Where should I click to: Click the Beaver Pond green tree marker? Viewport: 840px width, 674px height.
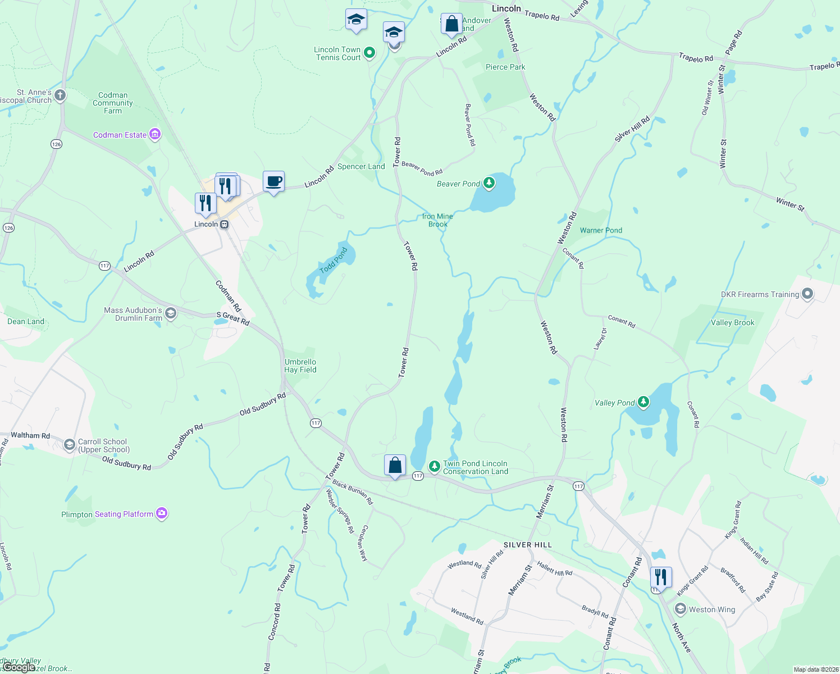point(489,183)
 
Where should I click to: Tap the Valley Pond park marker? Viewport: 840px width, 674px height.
point(643,402)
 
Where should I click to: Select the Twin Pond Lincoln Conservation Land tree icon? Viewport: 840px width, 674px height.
point(434,466)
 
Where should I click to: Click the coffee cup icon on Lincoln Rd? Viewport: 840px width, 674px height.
point(273,182)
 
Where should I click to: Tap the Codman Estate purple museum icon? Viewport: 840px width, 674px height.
point(155,134)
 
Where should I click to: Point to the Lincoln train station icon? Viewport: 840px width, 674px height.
point(224,224)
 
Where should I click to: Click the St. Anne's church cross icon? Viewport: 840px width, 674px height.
point(60,95)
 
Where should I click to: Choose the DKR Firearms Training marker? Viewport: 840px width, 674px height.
point(807,294)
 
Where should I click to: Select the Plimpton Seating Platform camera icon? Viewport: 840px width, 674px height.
point(162,513)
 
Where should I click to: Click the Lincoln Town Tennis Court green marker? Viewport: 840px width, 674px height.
point(369,53)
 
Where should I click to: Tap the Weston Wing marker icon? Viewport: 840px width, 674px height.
point(681,609)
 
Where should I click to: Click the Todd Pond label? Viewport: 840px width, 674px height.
point(334,261)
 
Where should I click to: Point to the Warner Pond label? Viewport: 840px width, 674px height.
point(601,230)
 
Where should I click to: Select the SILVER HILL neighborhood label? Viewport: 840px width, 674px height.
point(527,545)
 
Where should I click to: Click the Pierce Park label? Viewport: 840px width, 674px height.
point(505,67)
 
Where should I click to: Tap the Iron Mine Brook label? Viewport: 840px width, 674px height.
point(437,220)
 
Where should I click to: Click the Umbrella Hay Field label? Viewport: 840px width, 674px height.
point(300,366)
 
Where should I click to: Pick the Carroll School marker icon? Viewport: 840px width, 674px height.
point(69,445)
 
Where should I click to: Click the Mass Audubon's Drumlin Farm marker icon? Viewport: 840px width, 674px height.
point(171,313)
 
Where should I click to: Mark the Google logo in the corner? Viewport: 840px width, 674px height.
point(19,667)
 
